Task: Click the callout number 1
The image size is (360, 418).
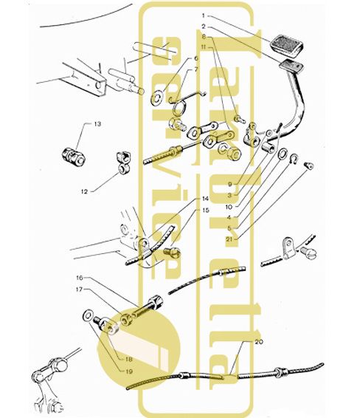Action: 204,16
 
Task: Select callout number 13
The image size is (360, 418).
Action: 97,124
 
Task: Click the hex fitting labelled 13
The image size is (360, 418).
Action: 74,157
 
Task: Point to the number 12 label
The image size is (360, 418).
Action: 84,191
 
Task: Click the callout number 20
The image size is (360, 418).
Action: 259,341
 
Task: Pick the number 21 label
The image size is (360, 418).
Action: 229,239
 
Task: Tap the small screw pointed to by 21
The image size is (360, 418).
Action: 309,165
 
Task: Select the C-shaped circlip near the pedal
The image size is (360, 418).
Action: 294,159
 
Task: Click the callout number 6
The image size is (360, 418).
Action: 196,58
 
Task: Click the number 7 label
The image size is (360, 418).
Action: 196,70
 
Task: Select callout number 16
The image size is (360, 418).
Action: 80,278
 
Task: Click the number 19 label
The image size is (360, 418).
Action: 129,371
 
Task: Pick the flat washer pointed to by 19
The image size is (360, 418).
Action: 89,315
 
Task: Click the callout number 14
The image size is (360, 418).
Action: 205,199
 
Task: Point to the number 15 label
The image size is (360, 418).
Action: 206,210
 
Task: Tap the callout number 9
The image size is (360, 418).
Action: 230,184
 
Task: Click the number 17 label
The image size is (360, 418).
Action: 80,289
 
